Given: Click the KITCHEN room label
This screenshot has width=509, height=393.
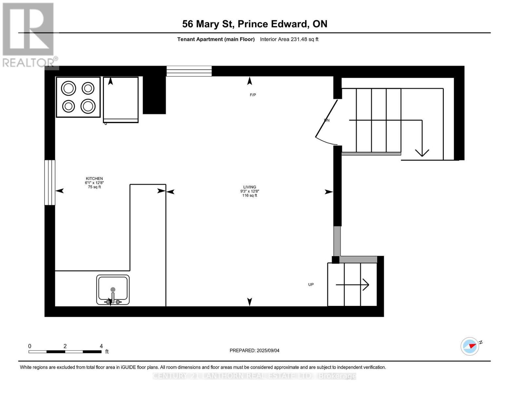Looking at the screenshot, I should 94,178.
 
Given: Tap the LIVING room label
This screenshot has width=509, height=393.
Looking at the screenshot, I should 250,187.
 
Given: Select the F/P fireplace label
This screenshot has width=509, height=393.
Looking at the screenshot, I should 253,95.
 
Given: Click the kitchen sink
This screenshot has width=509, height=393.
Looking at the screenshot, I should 113,290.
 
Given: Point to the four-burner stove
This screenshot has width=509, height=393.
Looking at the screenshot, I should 78,97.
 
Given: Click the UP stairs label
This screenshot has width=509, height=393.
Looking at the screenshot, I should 311,285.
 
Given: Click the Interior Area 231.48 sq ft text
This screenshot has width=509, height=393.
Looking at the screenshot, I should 289,39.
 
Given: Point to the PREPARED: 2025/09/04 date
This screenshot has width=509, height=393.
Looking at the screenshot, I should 254,350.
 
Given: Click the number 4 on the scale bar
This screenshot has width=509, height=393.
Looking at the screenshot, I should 101,346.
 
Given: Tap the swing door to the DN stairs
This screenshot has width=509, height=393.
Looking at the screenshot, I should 326,123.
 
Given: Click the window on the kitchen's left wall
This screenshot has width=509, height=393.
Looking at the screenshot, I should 50,182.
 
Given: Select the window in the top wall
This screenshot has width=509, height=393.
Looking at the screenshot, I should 189,71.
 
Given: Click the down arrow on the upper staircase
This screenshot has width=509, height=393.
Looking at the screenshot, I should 422,152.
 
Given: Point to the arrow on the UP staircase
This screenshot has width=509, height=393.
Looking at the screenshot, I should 353,285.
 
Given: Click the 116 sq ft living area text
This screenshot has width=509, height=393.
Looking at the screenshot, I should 250,196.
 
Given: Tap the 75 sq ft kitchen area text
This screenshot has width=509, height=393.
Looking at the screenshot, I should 94,187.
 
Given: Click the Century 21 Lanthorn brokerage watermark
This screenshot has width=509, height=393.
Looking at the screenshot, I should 254,376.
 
